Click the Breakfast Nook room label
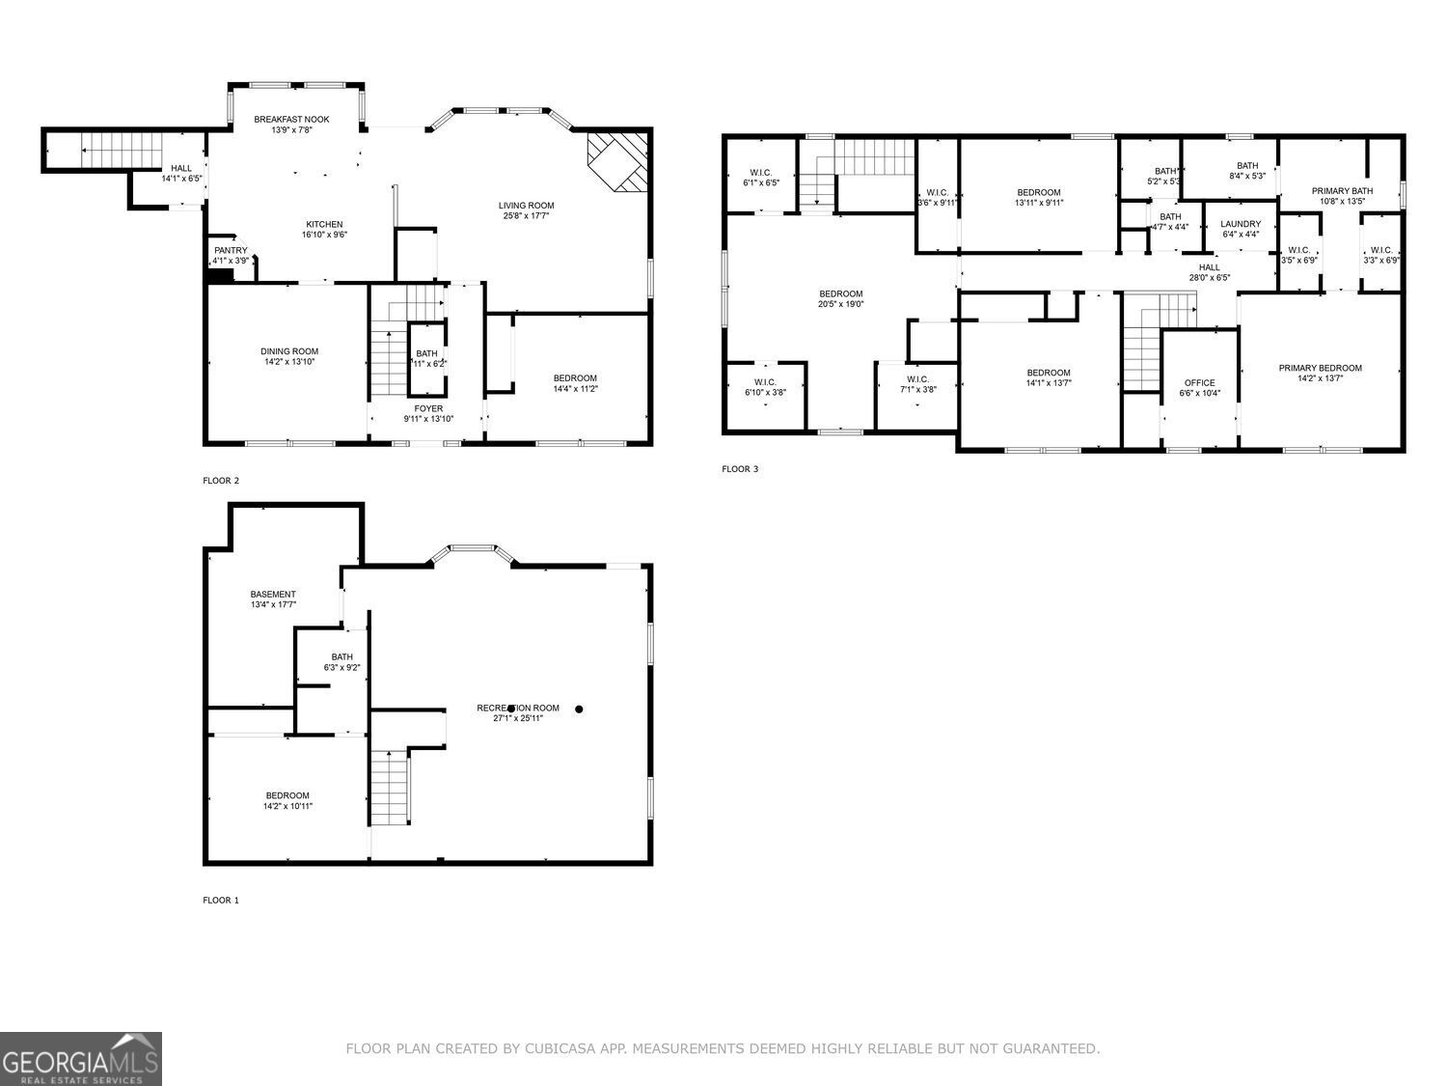pos(291,120)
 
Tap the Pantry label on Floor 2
pos(231,251)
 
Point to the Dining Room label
pos(288,351)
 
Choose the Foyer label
pos(428,408)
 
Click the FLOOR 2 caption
pos(221,481)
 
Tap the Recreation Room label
pos(518,708)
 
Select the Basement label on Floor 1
pos(273,594)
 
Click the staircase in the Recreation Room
pos(391,788)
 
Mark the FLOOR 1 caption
pos(221,901)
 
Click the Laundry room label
pos(1241,224)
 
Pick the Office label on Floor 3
pos(1200,382)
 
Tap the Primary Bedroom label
pos(1320,368)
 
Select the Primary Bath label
pos(1341,191)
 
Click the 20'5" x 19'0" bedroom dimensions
pos(840,304)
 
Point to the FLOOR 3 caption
pos(740,470)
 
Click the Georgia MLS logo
pos(80,1059)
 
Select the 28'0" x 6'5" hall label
pos(1209,278)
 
